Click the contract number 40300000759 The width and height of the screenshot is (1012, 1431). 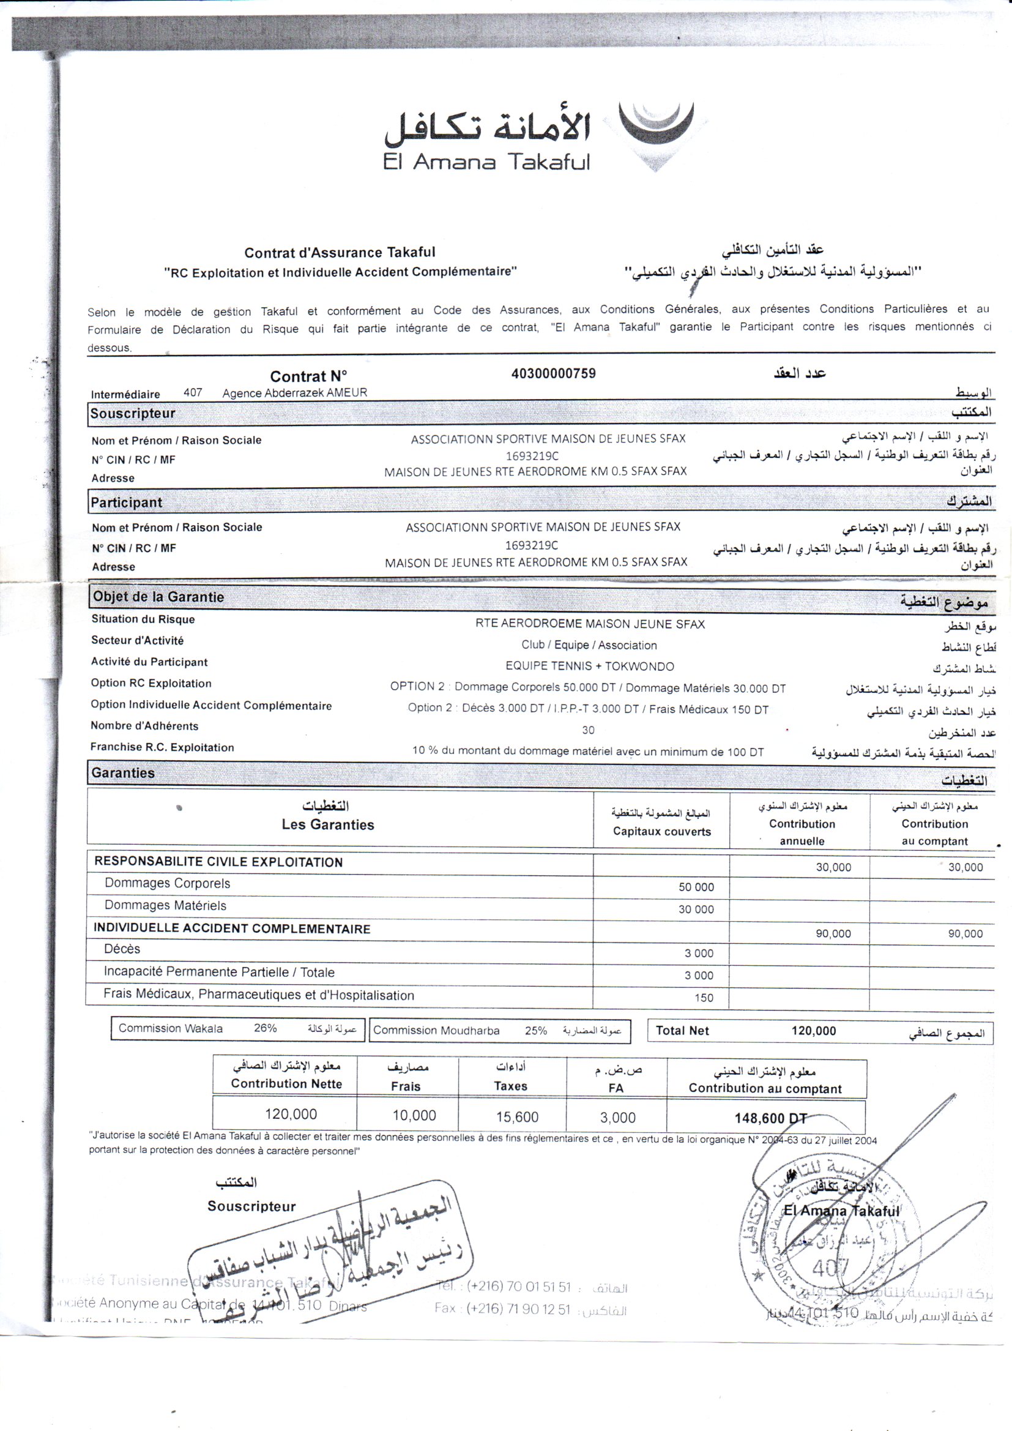(553, 373)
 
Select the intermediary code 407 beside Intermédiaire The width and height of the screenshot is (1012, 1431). (193, 393)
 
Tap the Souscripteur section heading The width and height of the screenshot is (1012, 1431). (133, 413)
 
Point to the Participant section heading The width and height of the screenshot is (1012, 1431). (127, 503)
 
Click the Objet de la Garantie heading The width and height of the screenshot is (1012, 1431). (158, 597)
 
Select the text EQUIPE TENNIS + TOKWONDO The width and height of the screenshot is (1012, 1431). (589, 667)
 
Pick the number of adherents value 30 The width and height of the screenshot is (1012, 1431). (587, 730)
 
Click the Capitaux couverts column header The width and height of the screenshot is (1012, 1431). (661, 831)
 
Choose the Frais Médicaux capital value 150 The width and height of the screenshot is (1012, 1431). (704, 998)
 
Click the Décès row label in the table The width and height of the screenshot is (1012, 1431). (122, 949)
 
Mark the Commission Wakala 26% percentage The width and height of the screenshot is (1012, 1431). (266, 1028)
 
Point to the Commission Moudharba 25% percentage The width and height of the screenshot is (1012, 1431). (535, 1030)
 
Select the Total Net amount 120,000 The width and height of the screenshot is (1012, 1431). (813, 1031)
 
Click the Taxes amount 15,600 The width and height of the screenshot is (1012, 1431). (517, 1117)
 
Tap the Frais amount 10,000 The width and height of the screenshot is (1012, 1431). (414, 1116)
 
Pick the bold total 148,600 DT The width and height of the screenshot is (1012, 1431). (770, 1118)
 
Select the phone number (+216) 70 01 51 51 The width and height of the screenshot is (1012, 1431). (518, 1287)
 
